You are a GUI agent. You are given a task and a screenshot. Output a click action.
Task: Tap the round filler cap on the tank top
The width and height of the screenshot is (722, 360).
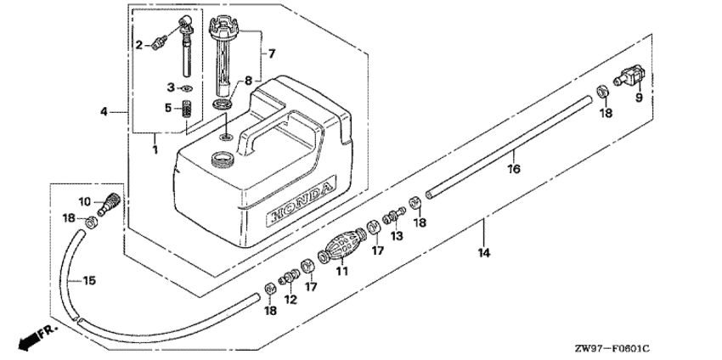coord(223,158)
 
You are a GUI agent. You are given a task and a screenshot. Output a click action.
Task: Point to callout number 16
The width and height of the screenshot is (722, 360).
coord(513,169)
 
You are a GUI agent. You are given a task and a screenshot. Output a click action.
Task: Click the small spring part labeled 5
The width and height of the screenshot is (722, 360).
coord(190,111)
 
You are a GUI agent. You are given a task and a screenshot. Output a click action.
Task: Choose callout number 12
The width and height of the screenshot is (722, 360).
coord(289,299)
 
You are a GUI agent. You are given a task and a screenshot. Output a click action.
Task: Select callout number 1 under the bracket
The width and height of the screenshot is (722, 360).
coord(155,150)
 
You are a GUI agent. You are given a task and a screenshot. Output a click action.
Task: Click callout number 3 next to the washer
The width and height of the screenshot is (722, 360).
coord(170,87)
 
